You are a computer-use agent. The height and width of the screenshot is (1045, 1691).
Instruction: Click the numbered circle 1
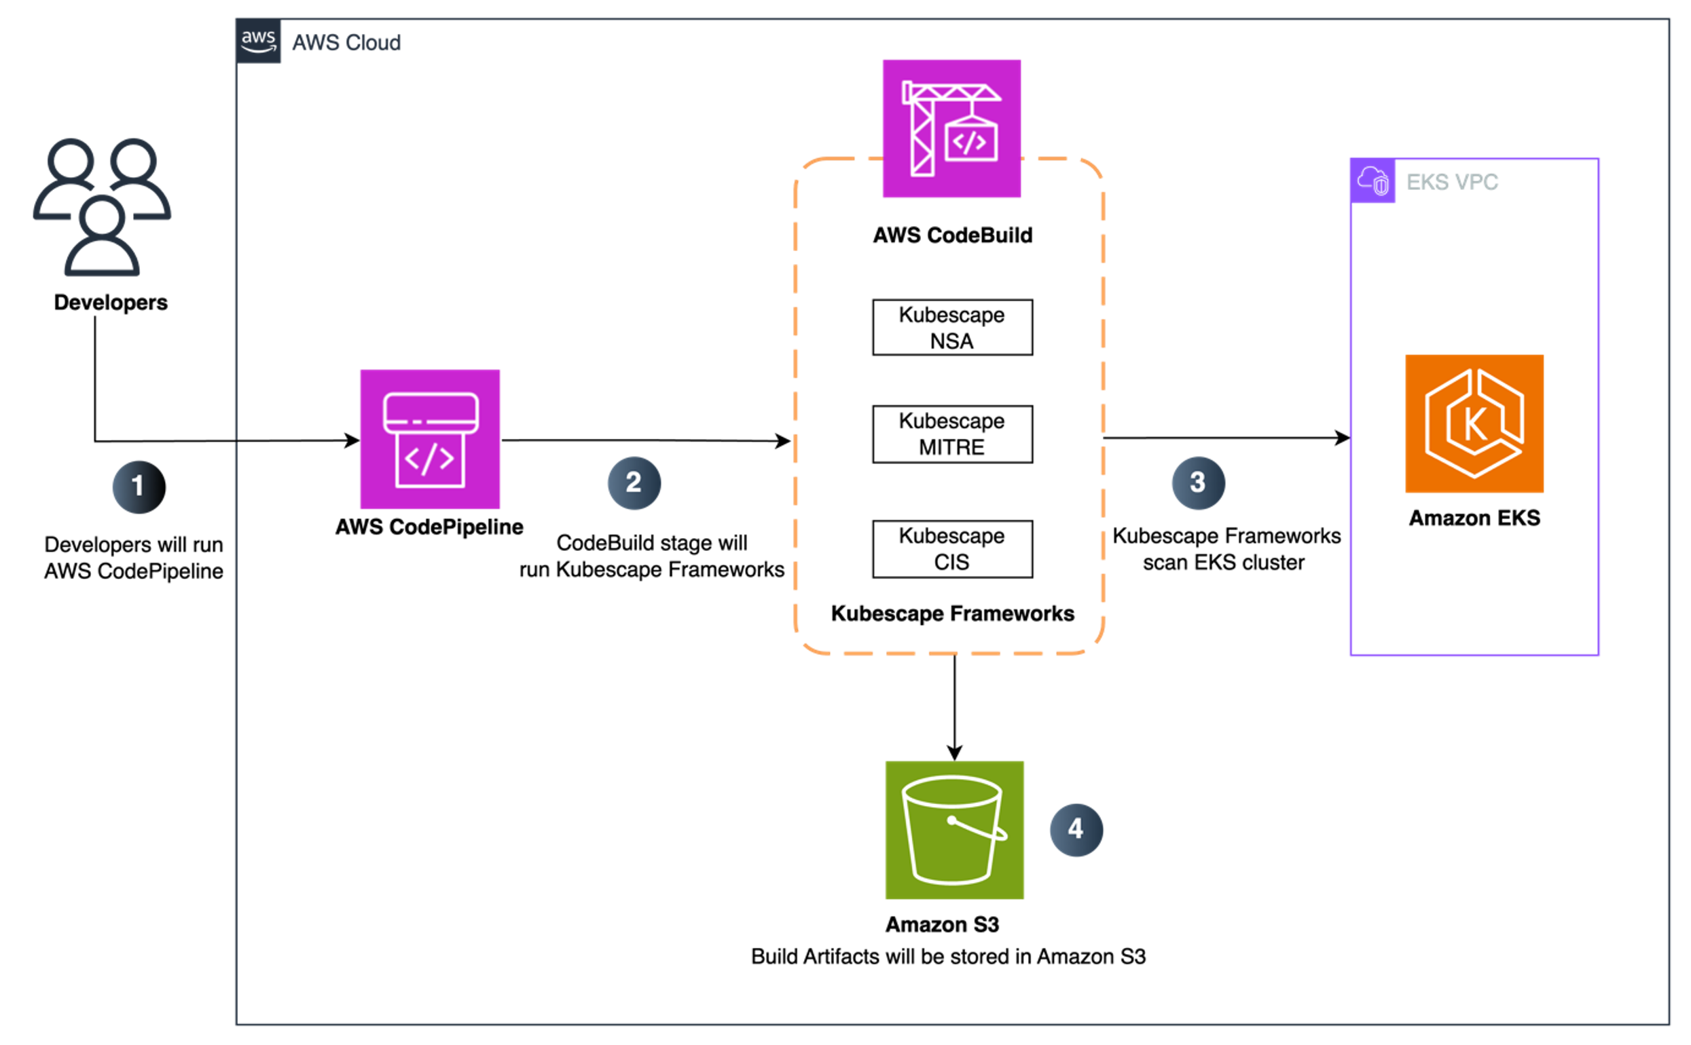pyautogui.click(x=139, y=487)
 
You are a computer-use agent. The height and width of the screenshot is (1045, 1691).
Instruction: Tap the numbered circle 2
pyautogui.click(x=634, y=483)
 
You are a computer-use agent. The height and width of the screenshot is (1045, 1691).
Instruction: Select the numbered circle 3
pyautogui.click(x=1198, y=483)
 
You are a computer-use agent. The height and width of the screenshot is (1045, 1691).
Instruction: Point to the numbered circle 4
pyautogui.click(x=1076, y=829)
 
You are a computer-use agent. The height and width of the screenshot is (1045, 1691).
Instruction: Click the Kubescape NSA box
pyautogui.click(x=952, y=328)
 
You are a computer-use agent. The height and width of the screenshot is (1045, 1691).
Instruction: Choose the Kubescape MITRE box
pyautogui.click(x=952, y=434)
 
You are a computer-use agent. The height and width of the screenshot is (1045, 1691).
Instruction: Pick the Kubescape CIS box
pyautogui.click(x=952, y=549)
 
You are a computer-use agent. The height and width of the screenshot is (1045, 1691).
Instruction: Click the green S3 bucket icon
pyautogui.click(x=954, y=830)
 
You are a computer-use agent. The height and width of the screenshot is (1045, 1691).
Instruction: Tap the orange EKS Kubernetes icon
pyautogui.click(x=1474, y=423)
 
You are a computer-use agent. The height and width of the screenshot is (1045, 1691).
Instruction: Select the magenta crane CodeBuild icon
pyautogui.click(x=951, y=128)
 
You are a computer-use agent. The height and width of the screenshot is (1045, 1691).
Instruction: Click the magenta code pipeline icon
pyautogui.click(x=430, y=440)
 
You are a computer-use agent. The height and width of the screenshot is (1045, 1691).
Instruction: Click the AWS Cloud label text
pyautogui.click(x=346, y=43)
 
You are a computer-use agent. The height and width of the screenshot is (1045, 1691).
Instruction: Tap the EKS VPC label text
pyautogui.click(x=1452, y=182)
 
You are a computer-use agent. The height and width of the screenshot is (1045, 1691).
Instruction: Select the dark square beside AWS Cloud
pyautogui.click(x=259, y=42)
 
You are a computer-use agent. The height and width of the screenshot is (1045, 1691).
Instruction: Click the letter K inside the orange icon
pyautogui.click(x=1475, y=424)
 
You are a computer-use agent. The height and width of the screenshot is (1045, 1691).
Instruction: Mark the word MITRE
pyautogui.click(x=951, y=447)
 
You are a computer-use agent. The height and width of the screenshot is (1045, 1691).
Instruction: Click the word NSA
pyautogui.click(x=951, y=341)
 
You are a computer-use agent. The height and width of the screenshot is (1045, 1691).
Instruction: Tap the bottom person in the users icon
pyautogui.click(x=103, y=238)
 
